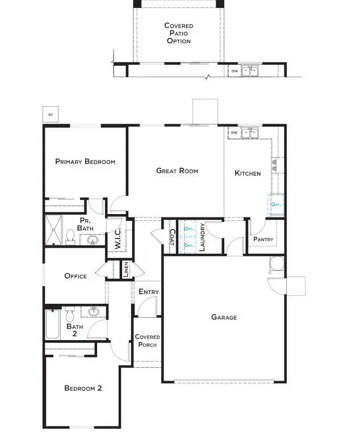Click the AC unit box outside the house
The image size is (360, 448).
tap(51, 115)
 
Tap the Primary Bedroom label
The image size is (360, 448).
tap(85, 162)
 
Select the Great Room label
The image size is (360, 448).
tap(177, 170)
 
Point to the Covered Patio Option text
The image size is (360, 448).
tap(178, 33)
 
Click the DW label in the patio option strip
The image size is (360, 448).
tap(235, 71)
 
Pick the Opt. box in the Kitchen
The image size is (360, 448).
tap(276, 203)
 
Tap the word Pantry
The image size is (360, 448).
tap(263, 239)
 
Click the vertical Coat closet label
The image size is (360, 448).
tap(171, 237)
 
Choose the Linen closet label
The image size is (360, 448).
tap(126, 270)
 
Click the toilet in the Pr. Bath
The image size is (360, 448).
tap(70, 236)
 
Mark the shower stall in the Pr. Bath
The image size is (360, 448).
tap(53, 229)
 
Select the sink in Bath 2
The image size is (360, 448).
tap(94, 312)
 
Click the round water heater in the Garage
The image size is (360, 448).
tap(276, 263)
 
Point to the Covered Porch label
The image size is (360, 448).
tap(147, 341)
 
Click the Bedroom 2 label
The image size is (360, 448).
tap(83, 388)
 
